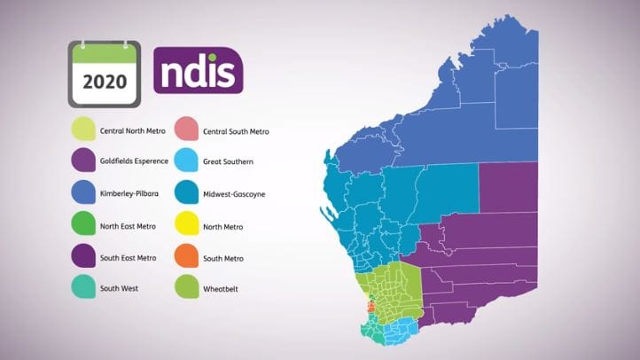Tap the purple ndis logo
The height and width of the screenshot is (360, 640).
(x=199, y=67)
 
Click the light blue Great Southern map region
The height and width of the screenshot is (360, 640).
(x=402, y=333)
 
